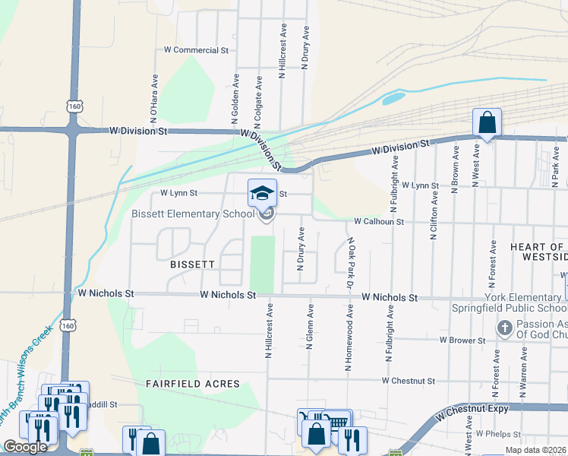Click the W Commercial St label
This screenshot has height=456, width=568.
tap(197, 50)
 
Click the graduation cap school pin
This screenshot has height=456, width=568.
tap(263, 193)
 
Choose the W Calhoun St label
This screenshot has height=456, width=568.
tap(377, 221)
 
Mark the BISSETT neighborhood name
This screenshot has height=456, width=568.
tap(193, 263)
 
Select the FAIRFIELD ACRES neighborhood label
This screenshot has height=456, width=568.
tap(193, 385)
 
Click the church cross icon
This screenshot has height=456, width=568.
tap(503, 328)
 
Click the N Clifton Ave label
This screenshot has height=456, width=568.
tap(434, 215)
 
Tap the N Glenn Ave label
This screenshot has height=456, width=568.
tap(310, 327)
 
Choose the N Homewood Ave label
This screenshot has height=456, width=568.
tap(349, 339)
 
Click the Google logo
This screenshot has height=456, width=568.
tap(25, 447)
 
